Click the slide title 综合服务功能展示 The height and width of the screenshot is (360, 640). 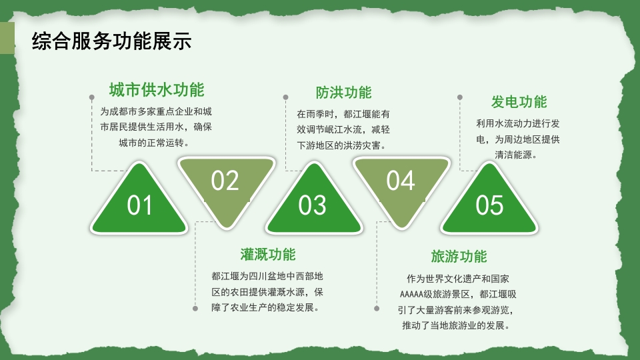[112, 41]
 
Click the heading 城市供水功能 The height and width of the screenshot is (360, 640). [157, 90]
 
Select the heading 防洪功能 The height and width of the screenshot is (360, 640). [343, 93]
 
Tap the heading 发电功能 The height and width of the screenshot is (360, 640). [519, 102]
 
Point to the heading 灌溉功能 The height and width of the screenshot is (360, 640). [267, 255]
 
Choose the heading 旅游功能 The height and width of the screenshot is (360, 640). [459, 257]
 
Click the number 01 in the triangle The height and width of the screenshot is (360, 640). [140, 206]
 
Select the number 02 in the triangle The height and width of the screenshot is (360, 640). [225, 181]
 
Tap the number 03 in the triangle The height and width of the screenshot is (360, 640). [312, 206]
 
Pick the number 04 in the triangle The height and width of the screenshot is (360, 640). [400, 181]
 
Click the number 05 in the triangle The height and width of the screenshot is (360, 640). [489, 206]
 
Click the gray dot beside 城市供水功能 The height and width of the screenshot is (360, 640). [91, 97]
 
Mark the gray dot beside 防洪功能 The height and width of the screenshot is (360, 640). [285, 97]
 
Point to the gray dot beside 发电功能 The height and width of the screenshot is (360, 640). [460, 97]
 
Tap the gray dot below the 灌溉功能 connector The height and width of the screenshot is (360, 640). [195, 309]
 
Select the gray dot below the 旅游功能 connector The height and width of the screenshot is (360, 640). [377, 309]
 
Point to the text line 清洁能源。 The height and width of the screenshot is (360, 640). [516, 155]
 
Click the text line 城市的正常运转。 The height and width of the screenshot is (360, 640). [154, 143]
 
